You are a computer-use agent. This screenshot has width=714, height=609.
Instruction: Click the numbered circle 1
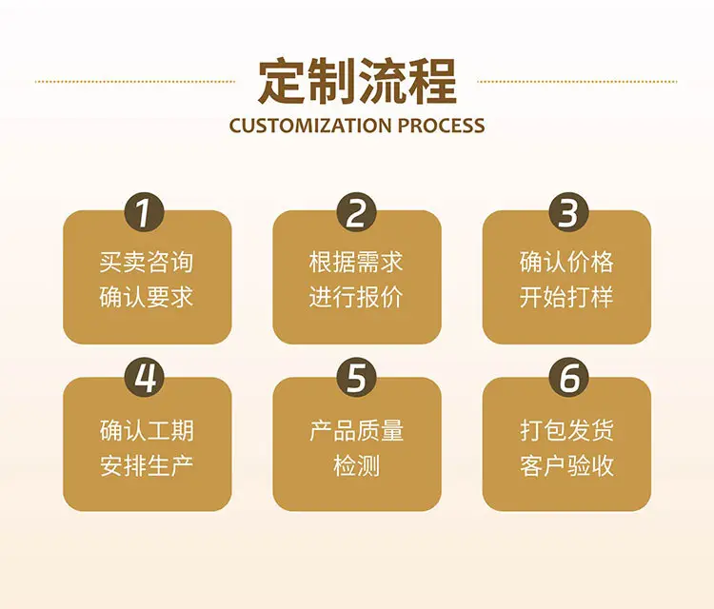coord(145,212)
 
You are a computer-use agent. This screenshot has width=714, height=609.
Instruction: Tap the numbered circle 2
coord(357,212)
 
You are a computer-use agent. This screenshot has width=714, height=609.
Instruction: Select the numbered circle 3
coord(568,212)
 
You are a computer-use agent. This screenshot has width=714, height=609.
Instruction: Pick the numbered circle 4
coord(145,378)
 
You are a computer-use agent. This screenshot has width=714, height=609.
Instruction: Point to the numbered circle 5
coord(357,378)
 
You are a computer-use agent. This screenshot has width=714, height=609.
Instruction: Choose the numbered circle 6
coord(568,378)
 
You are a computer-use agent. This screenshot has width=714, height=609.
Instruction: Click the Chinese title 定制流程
coord(357,82)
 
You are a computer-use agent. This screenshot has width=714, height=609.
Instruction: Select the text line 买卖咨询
coord(147,262)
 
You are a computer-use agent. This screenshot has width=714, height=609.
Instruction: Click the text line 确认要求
coord(147,297)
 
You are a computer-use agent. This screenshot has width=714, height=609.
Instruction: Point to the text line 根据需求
coord(357,262)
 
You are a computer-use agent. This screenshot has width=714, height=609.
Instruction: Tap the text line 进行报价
coord(357,297)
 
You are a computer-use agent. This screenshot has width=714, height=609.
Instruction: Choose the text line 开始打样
coord(567,297)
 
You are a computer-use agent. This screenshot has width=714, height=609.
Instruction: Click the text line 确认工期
coord(147,430)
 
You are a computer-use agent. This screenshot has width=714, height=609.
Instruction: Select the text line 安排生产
coord(147,465)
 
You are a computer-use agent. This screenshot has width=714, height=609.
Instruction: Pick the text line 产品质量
coord(357,430)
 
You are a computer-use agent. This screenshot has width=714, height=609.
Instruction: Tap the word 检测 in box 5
coord(357,465)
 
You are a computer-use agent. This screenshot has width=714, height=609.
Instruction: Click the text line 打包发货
coord(567,430)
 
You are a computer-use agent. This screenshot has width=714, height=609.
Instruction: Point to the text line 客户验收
coord(567,465)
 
